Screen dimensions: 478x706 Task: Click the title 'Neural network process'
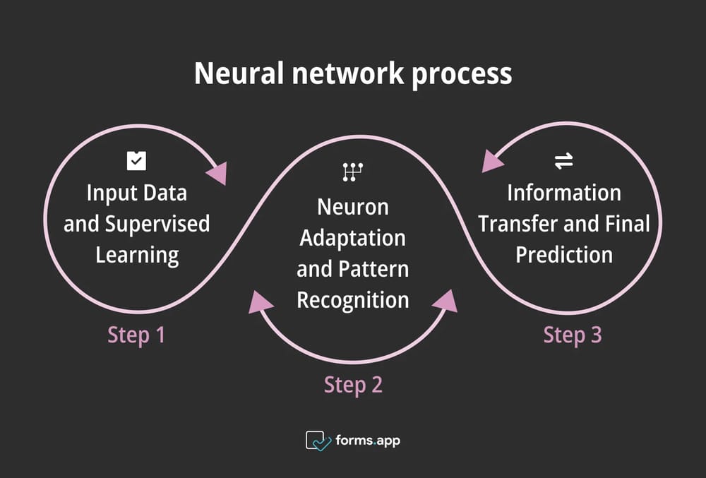tap(353, 73)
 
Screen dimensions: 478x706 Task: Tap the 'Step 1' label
tap(136, 335)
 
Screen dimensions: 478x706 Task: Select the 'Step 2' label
tap(353, 385)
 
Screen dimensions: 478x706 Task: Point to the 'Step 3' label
tap(573, 335)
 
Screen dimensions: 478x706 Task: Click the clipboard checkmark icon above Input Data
tap(136, 161)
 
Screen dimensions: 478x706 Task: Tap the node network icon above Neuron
tap(352, 172)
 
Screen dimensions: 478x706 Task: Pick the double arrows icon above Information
tap(563, 162)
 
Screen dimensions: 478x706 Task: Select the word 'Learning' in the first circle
tap(137, 254)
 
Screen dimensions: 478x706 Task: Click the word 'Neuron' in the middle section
tap(353, 207)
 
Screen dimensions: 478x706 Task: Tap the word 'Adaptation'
tap(353, 238)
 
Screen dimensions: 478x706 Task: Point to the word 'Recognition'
tap(353, 299)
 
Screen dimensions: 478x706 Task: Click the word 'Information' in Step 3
tap(564, 193)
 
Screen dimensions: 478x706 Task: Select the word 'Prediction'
tap(564, 254)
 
